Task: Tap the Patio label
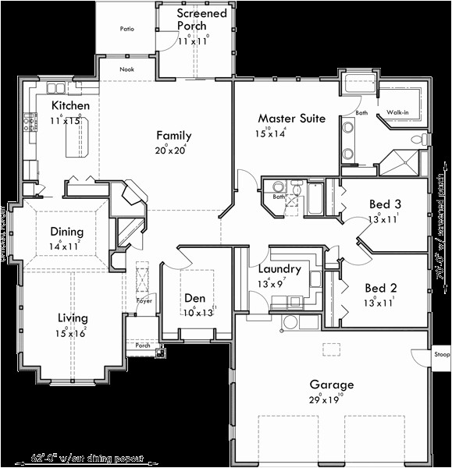126,29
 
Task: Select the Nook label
127,69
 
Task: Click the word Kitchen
70,105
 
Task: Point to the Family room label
173,136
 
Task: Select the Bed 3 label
385,204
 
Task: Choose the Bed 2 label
382,287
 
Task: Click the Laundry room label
279,269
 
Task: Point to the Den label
194,298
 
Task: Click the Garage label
331,384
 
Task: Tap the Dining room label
66,232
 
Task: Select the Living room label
72,317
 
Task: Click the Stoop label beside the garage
442,354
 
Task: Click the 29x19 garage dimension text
331,399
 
